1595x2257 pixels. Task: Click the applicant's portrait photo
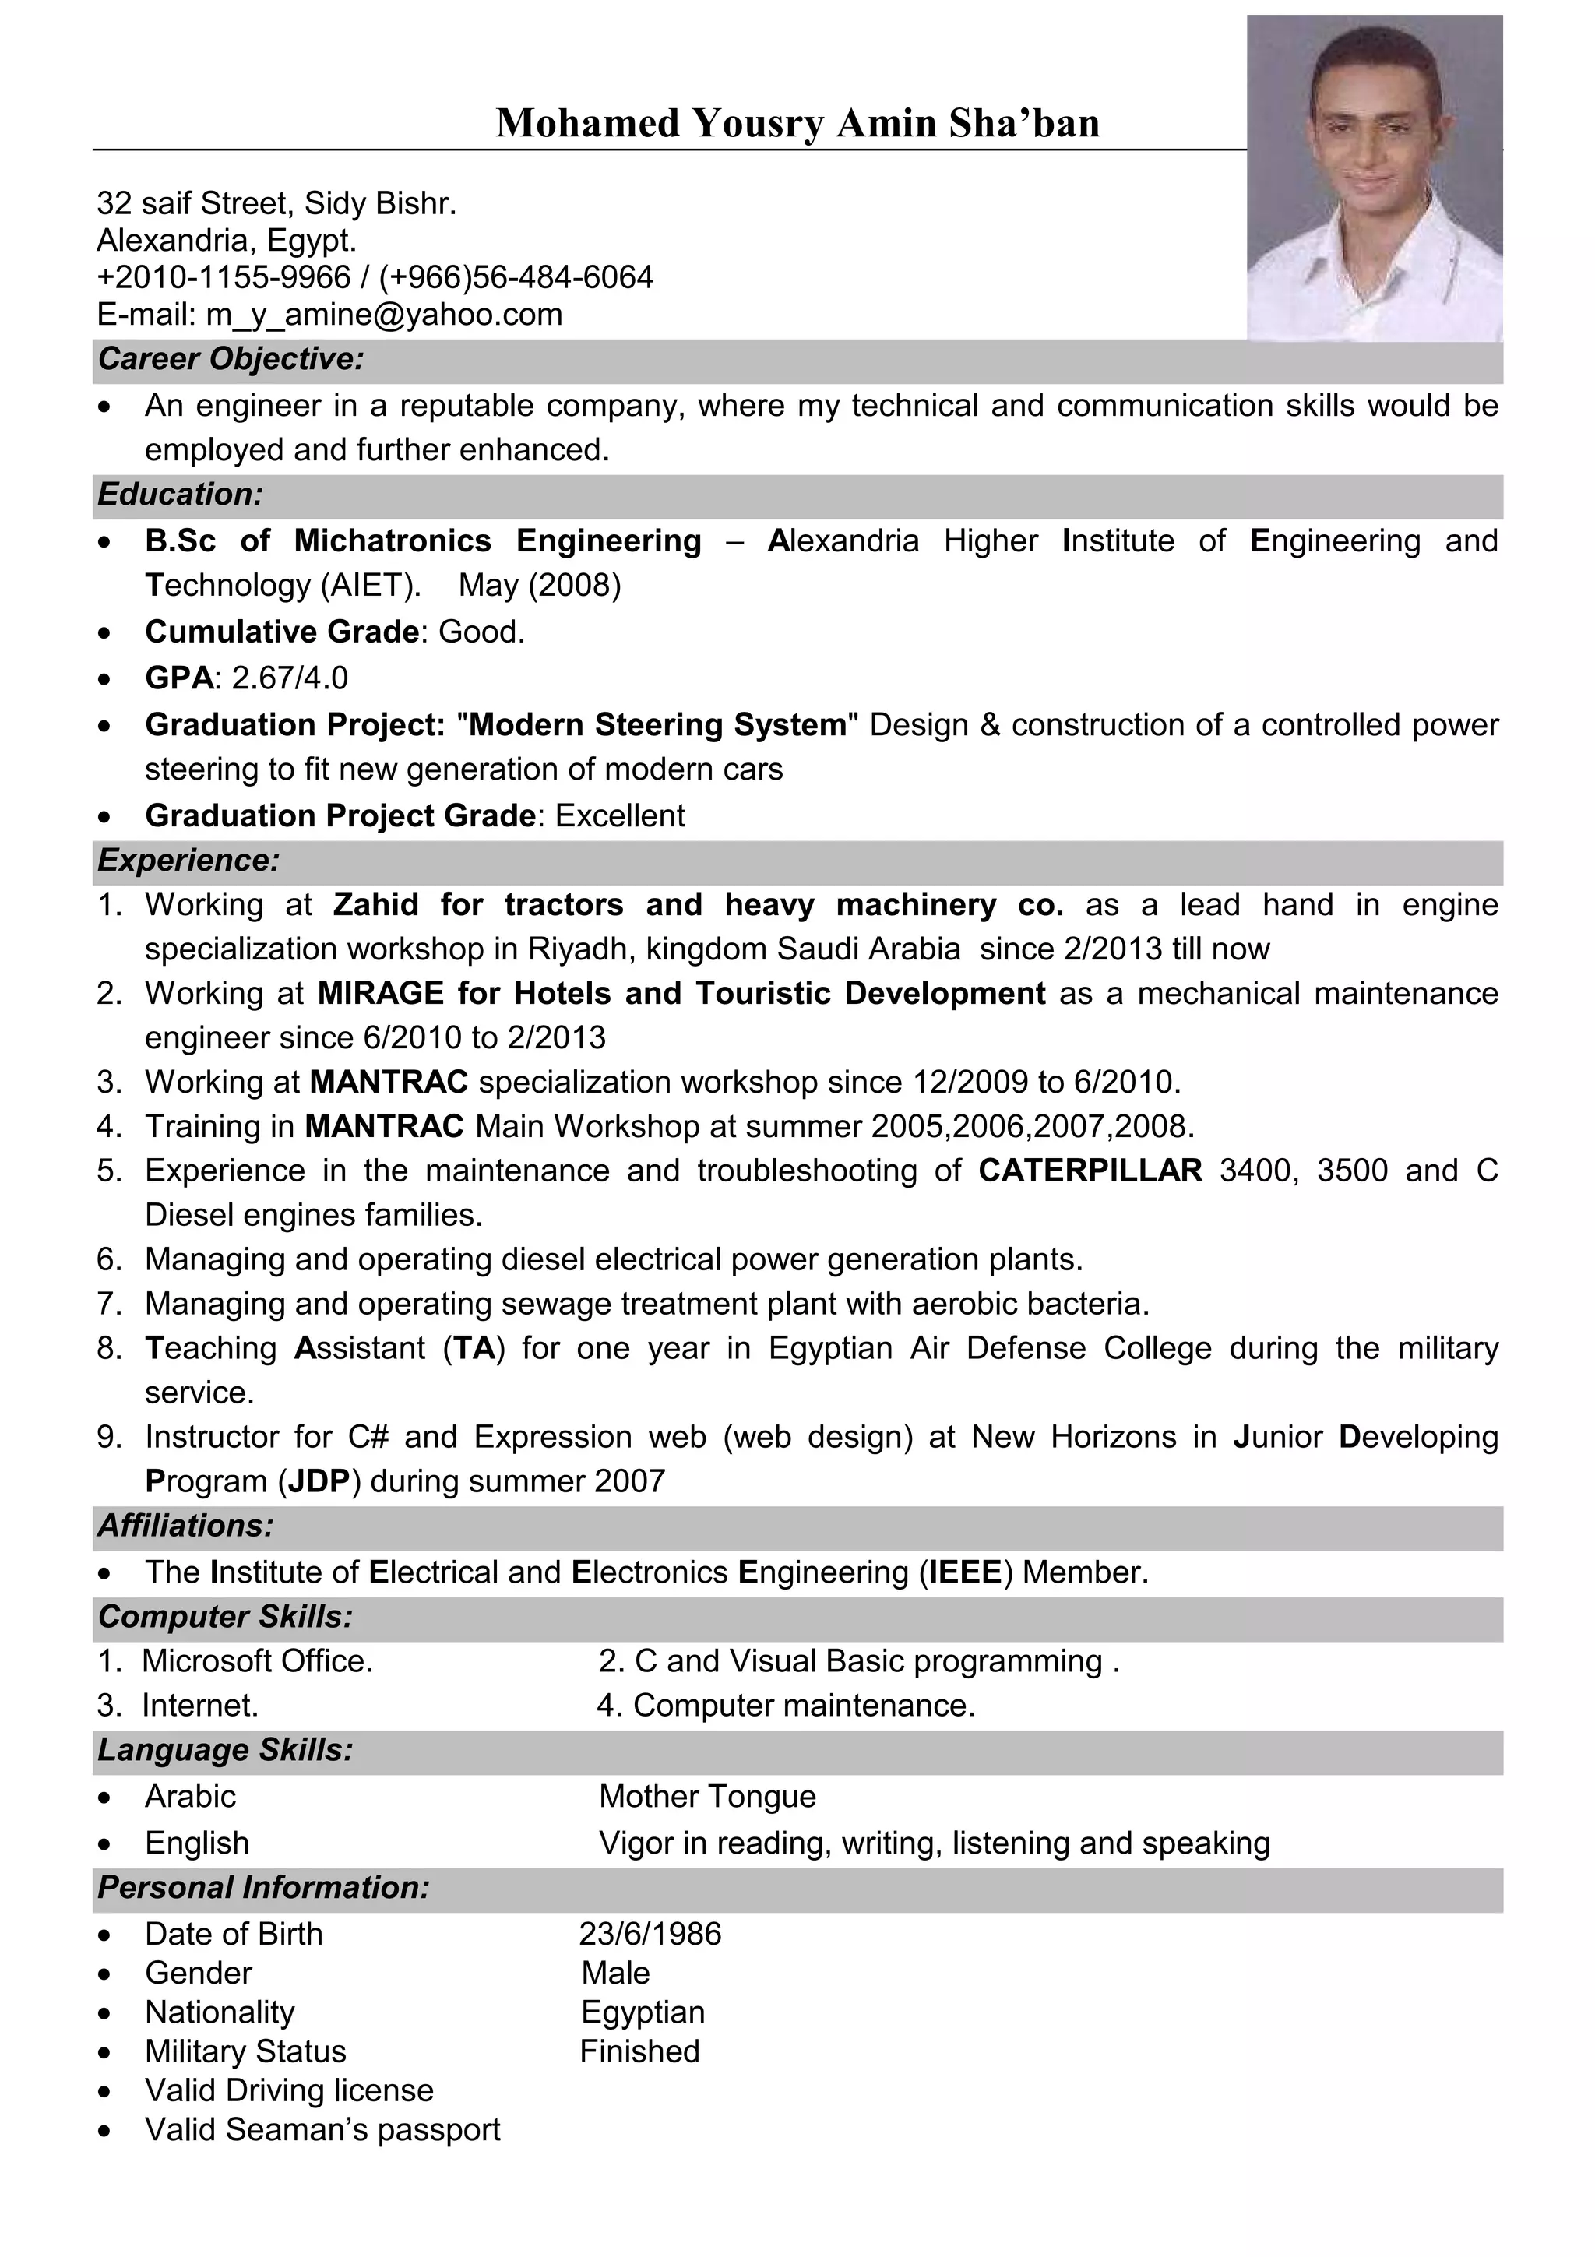pyautogui.click(x=1374, y=179)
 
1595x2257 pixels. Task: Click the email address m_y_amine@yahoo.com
pyautogui.click(x=383, y=315)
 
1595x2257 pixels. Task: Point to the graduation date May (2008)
pyautogui.click(x=540, y=586)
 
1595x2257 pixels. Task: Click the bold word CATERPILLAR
pyautogui.click(x=1090, y=1171)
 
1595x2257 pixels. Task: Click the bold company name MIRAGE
pyautogui.click(x=380, y=994)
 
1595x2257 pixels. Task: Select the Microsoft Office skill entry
pyautogui.click(x=258, y=1661)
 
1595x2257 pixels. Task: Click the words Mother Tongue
pyautogui.click(x=708, y=1797)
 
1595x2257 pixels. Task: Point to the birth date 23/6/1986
pyautogui.click(x=650, y=1935)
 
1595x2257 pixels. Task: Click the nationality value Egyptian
pyautogui.click(x=643, y=2012)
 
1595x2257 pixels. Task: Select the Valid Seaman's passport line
pyautogui.click(x=322, y=2130)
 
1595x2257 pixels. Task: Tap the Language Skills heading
pyautogui.click(x=225, y=1751)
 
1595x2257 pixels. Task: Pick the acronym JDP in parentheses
pyautogui.click(x=319, y=1481)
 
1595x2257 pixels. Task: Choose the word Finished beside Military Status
pyautogui.click(x=639, y=2051)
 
